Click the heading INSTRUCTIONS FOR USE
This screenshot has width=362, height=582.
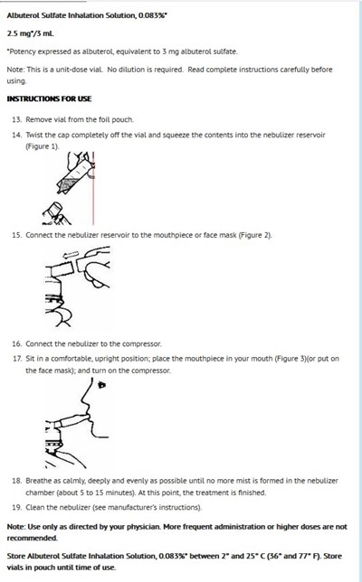pos(49,99)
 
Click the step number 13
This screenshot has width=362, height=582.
pos(17,119)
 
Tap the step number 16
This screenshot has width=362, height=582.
pos(17,343)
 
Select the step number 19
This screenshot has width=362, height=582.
pos(17,507)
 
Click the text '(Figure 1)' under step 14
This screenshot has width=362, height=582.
pos(43,146)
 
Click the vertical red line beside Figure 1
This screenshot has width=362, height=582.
pos(93,188)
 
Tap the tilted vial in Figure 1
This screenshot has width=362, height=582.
pos(73,174)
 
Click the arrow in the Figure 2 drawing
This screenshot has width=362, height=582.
pos(71,255)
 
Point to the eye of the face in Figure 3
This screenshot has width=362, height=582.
pos(101,385)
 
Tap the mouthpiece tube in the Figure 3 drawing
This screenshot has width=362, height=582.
pos(71,422)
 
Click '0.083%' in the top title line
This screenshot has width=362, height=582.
pos(152,15)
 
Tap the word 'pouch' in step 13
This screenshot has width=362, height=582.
pos(123,120)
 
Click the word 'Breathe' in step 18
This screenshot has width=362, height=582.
pos(38,481)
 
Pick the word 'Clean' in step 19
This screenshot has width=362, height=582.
pos(34,507)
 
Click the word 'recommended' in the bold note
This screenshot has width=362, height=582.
pos(33,539)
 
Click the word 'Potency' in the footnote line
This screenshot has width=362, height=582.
pos(21,52)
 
